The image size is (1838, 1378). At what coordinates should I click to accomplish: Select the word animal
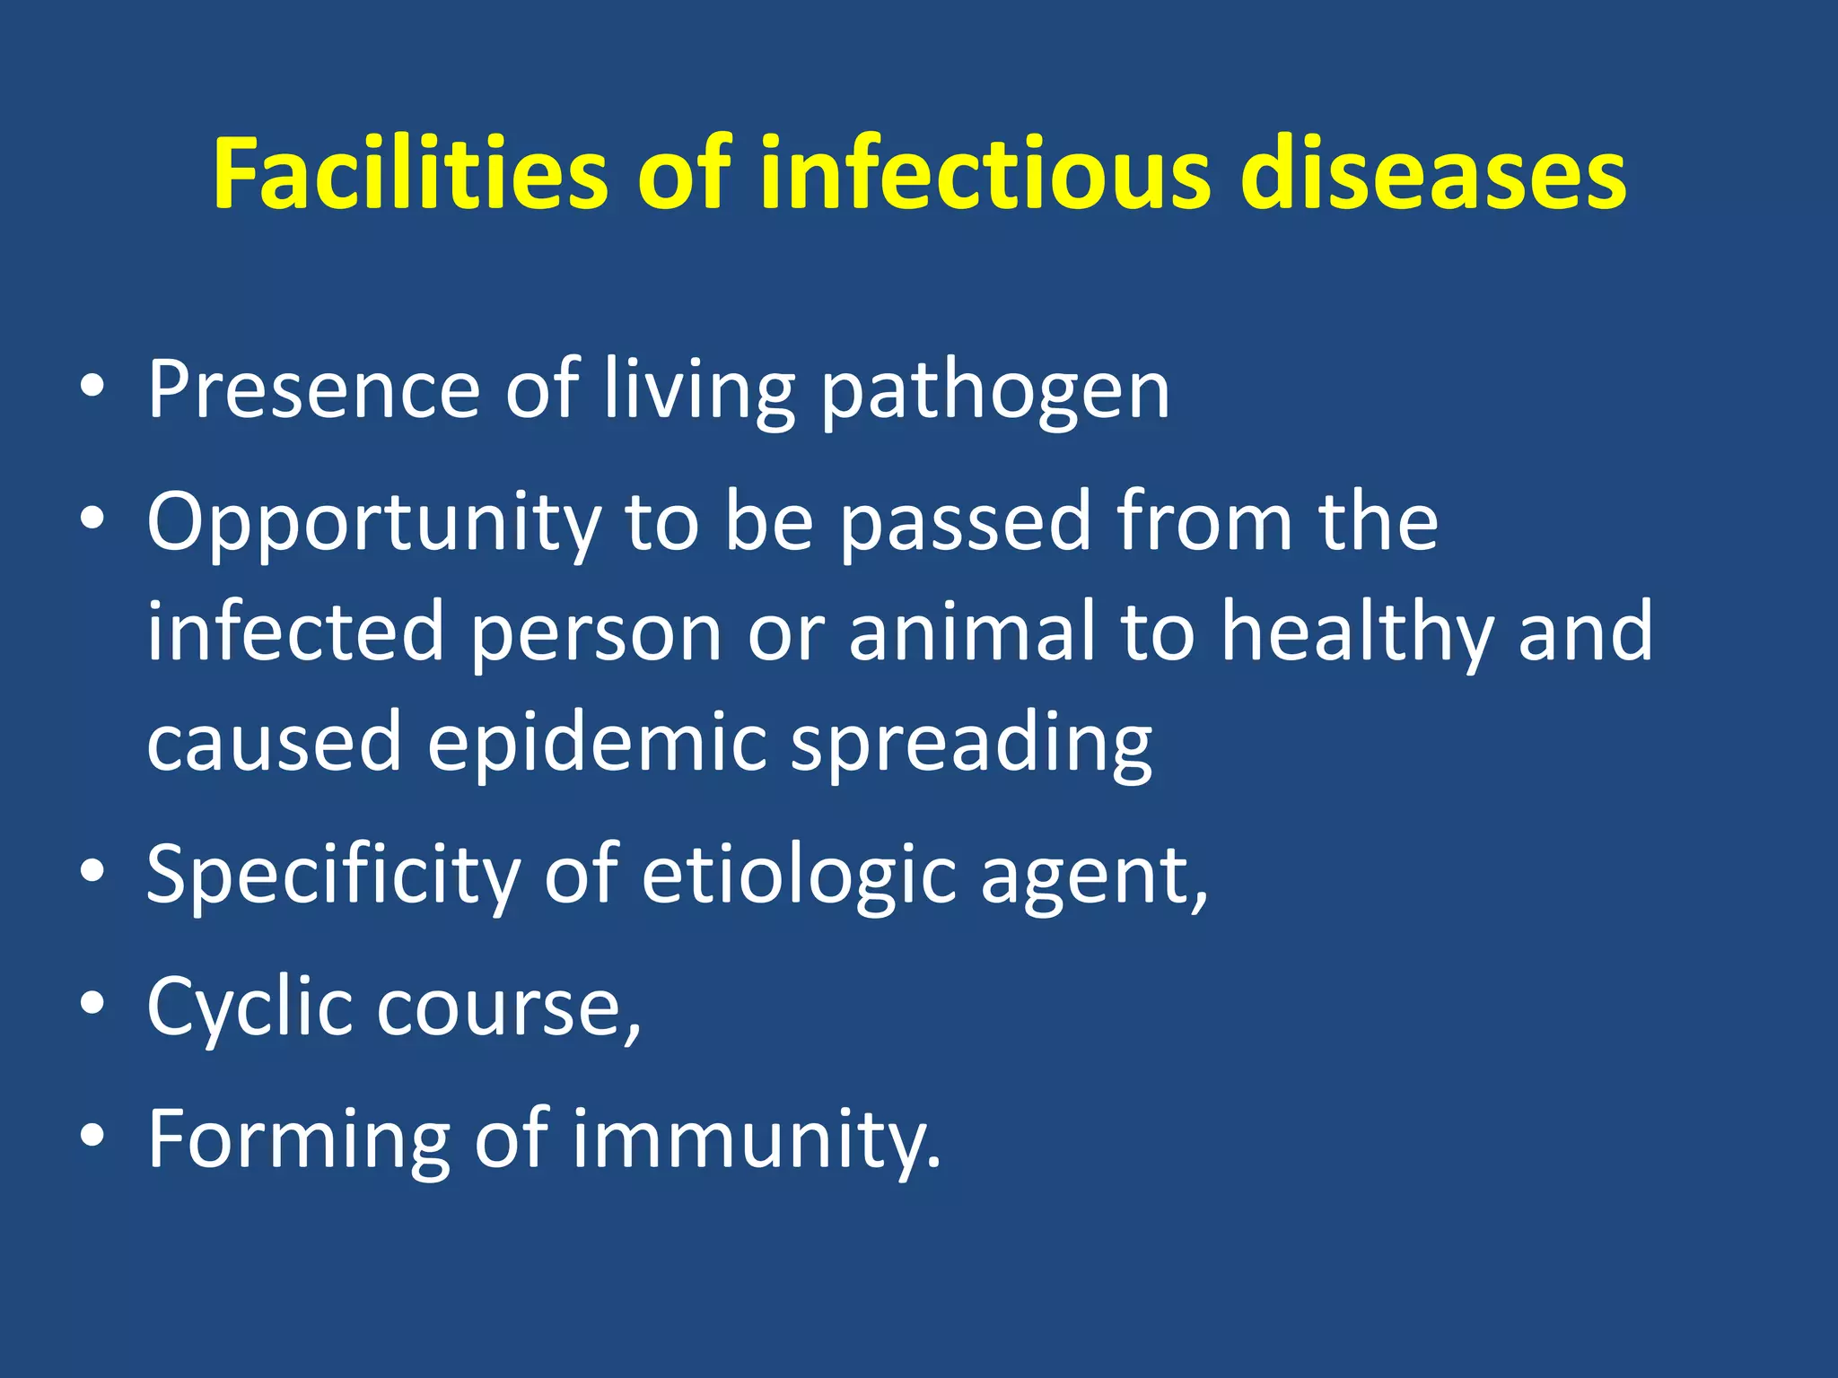(x=972, y=632)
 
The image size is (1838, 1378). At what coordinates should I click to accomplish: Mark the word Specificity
(x=333, y=876)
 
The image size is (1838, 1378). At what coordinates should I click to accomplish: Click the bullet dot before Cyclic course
(x=92, y=1003)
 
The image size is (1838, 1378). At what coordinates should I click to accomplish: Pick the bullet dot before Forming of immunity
(x=92, y=1136)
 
